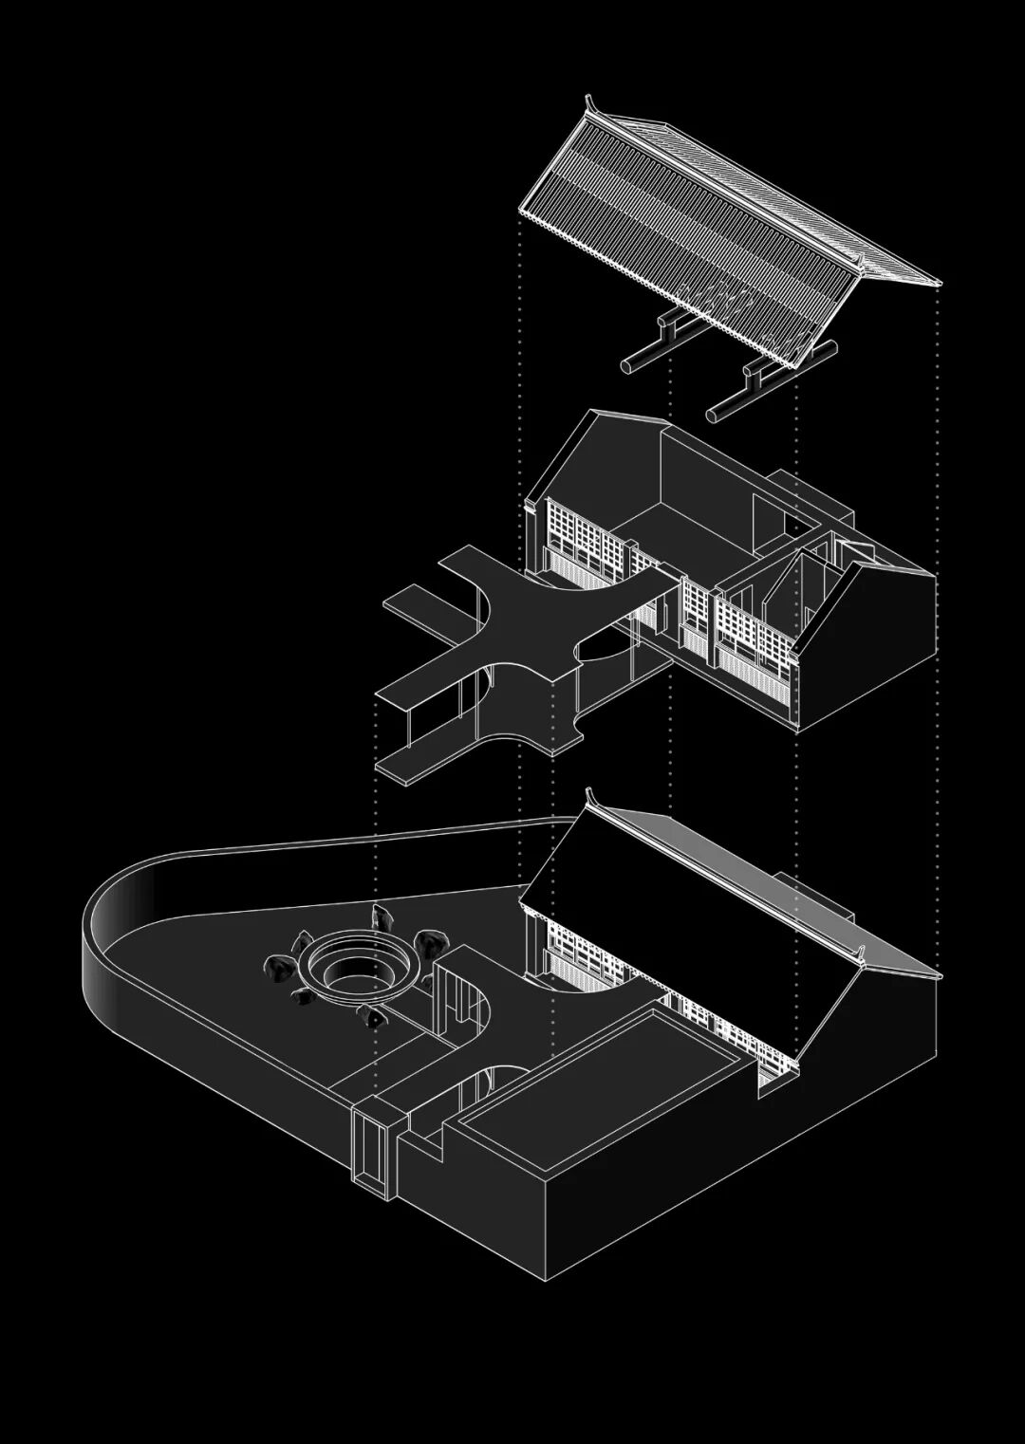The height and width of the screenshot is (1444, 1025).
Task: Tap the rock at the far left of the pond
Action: [x=279, y=968]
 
